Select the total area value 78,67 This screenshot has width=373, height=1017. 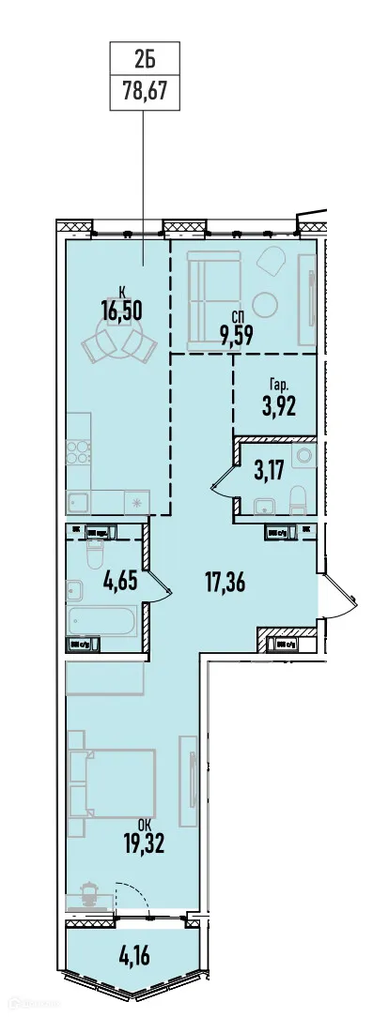[x=144, y=94]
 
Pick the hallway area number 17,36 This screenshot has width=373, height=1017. [x=225, y=583]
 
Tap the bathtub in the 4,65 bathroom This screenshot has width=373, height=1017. [x=102, y=620]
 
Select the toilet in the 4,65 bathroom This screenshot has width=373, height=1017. [x=93, y=559]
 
